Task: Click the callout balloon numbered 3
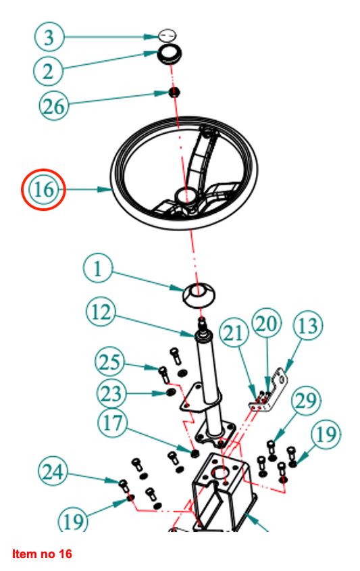[x=49, y=36]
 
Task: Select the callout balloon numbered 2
[x=48, y=71]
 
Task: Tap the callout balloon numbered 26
[x=54, y=106]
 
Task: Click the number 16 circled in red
[x=43, y=189]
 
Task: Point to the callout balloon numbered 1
[x=98, y=269]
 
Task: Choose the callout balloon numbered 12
[x=101, y=312]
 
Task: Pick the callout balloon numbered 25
[x=109, y=362]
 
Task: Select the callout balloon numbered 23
[x=111, y=394]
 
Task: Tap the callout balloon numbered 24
[x=53, y=472]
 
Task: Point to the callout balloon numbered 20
[x=267, y=323]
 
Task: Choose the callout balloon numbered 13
[x=308, y=325]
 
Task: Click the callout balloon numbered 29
[x=306, y=401]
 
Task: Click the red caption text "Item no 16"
[x=43, y=554]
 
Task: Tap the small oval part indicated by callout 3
[x=167, y=35]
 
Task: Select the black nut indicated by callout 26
[x=175, y=92]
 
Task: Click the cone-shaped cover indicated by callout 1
[x=199, y=295]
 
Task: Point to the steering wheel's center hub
[x=186, y=196]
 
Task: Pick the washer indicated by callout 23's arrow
[x=170, y=392]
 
